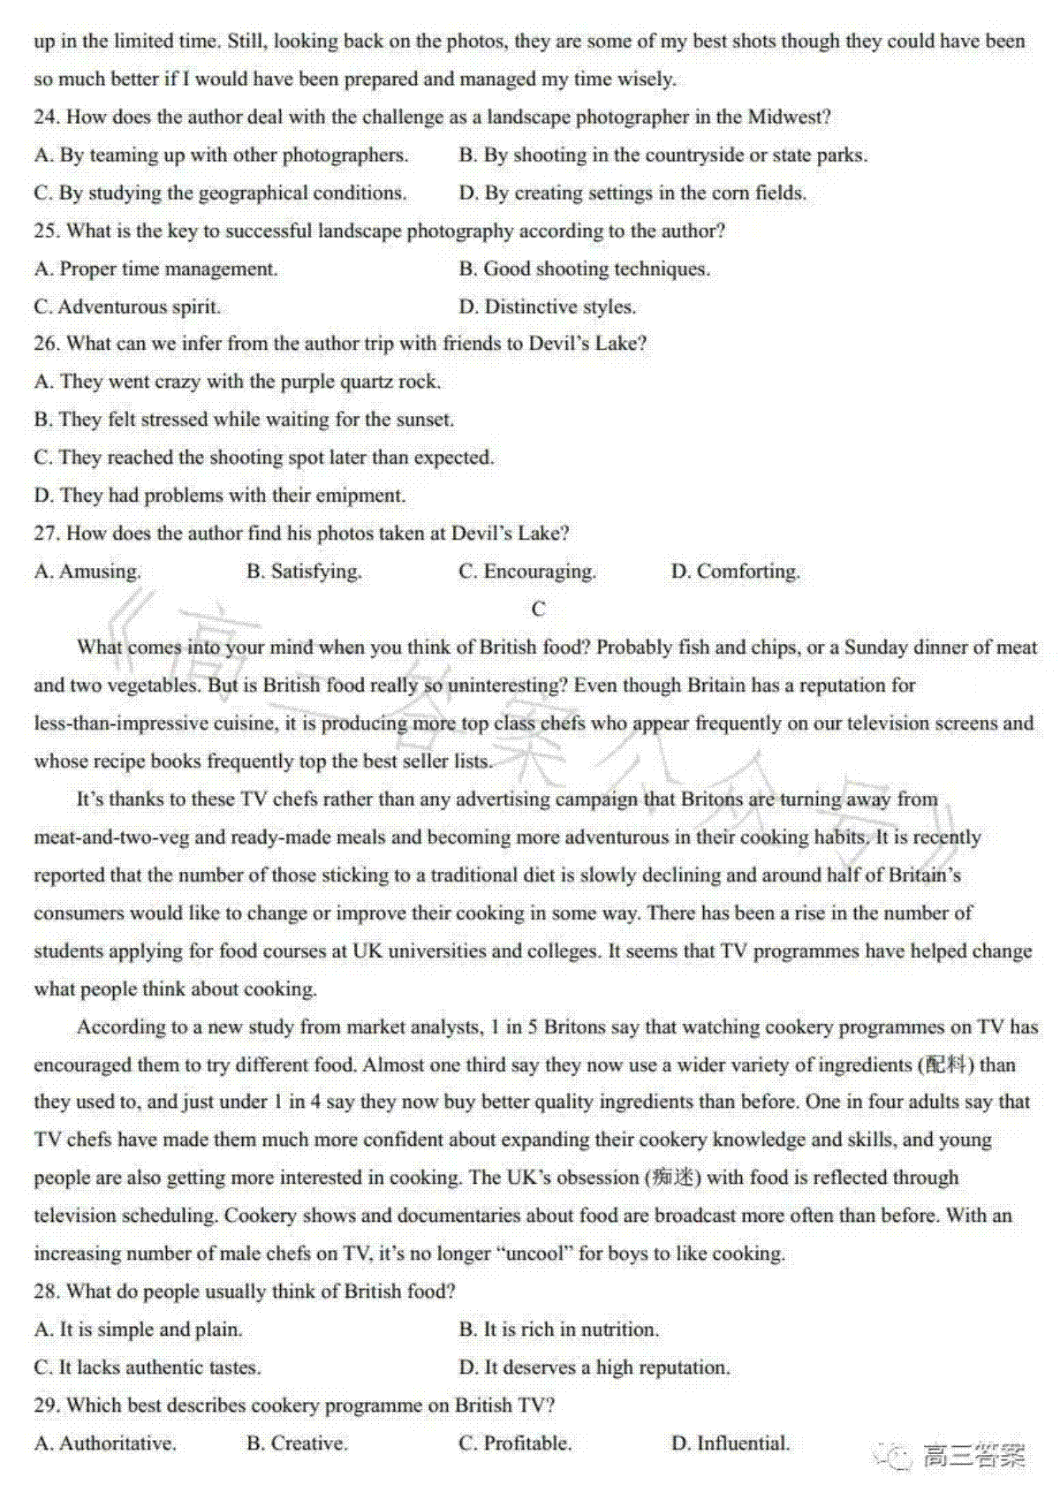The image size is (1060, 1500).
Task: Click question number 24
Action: [x=46, y=117]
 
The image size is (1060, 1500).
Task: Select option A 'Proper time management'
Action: [x=156, y=269]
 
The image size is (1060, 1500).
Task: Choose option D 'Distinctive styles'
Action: [x=548, y=307]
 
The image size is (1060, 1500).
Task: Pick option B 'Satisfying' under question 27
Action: [x=304, y=572]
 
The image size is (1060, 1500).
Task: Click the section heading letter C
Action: [x=539, y=609]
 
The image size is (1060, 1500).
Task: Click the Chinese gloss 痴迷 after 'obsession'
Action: [x=673, y=1178]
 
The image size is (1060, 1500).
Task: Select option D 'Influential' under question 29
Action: [x=731, y=1443]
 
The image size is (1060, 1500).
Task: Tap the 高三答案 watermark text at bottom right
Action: [x=974, y=1456]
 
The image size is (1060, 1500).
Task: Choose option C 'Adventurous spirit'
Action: [x=128, y=307]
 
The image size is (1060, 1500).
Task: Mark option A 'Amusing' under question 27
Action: [x=87, y=572]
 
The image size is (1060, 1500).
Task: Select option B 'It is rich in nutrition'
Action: [x=559, y=1330]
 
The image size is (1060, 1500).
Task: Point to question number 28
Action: [x=46, y=1292]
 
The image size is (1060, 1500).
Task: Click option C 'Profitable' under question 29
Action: [x=515, y=1443]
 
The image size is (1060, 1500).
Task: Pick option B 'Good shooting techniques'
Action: [x=585, y=269]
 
